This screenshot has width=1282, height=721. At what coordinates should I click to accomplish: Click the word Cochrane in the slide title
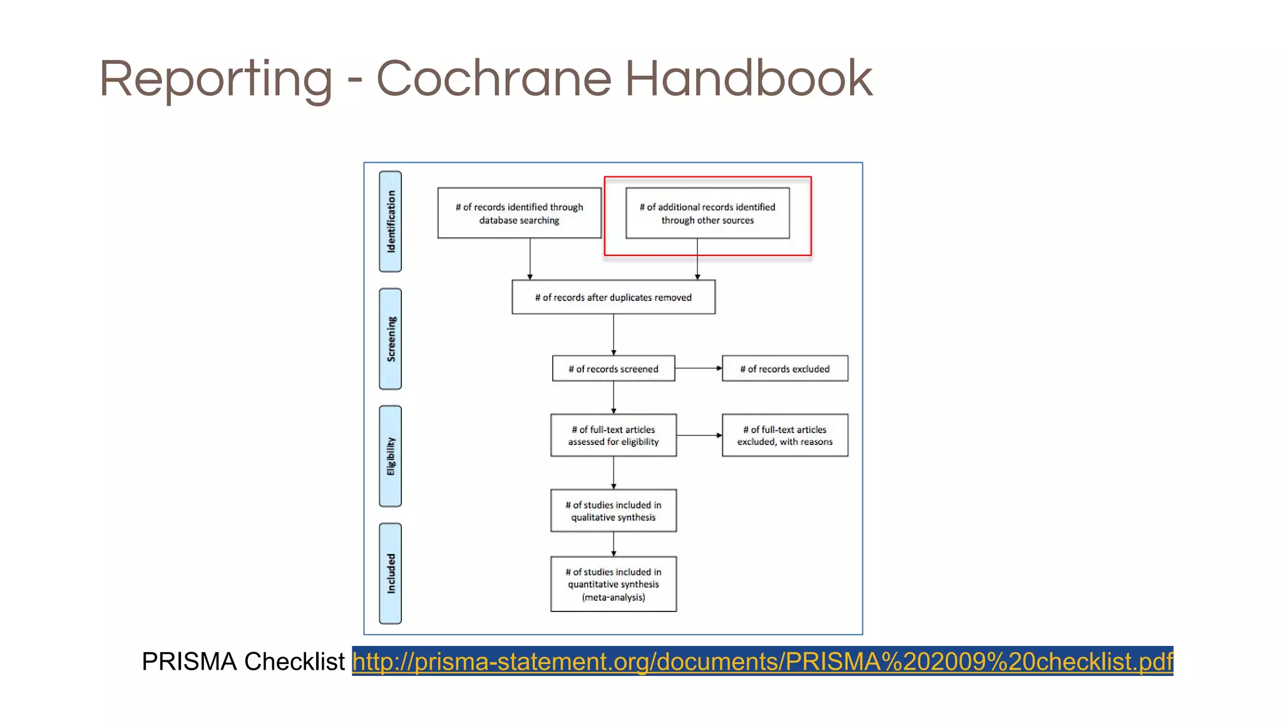493,79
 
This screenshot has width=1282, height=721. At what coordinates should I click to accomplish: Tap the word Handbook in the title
749,79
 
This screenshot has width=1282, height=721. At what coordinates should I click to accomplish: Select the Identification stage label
391,222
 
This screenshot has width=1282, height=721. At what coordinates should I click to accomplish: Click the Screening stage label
391,339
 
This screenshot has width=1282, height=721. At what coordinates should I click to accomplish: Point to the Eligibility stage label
391,456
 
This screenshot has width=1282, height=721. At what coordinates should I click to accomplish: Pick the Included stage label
391,573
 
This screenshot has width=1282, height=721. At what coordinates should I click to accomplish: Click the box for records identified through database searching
519,213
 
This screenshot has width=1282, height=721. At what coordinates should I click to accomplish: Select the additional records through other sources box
707,213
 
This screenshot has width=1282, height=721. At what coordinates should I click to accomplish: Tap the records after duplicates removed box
613,297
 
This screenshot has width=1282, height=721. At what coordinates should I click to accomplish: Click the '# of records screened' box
613,369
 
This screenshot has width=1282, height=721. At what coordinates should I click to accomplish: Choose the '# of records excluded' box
785,369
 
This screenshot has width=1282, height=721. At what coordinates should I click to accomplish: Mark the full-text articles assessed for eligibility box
613,435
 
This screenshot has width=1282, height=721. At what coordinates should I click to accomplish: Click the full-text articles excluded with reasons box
785,435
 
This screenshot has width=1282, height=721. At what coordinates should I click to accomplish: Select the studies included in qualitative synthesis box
613,511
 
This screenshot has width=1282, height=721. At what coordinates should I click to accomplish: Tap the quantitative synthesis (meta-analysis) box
613,584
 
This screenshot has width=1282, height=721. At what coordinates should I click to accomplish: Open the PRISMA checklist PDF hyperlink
762,662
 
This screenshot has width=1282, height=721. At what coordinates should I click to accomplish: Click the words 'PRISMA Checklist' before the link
243,662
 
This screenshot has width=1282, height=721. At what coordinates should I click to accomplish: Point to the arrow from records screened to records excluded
699,369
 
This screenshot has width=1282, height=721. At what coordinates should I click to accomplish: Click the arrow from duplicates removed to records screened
613,335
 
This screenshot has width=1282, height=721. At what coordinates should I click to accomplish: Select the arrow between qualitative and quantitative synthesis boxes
613,544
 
